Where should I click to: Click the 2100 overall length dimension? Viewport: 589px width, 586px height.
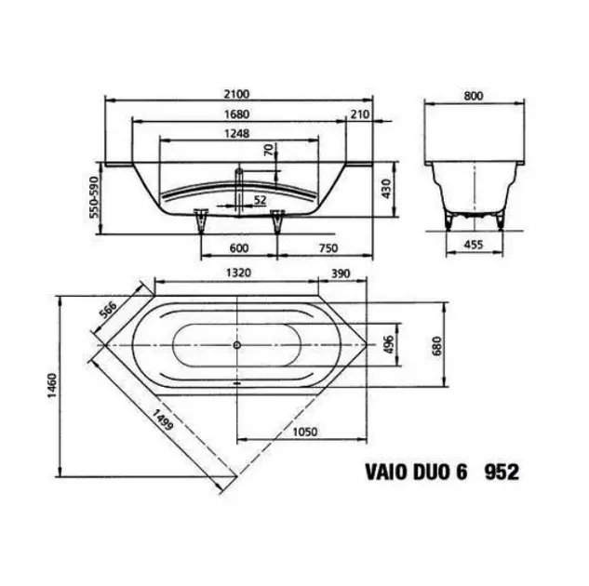(236, 94)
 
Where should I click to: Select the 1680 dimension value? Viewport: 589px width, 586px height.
(236, 113)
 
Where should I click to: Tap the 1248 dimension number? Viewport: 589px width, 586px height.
(236, 133)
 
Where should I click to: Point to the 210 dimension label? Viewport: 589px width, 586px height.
(360, 114)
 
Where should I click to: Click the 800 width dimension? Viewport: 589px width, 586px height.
(474, 96)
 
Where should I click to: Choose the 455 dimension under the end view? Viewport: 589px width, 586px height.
(474, 245)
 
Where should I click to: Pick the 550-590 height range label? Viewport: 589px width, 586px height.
(94, 196)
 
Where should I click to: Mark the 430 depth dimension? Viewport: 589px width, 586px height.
(386, 189)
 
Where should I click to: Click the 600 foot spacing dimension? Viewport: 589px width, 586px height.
(239, 247)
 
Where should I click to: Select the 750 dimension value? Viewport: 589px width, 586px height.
(328, 247)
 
